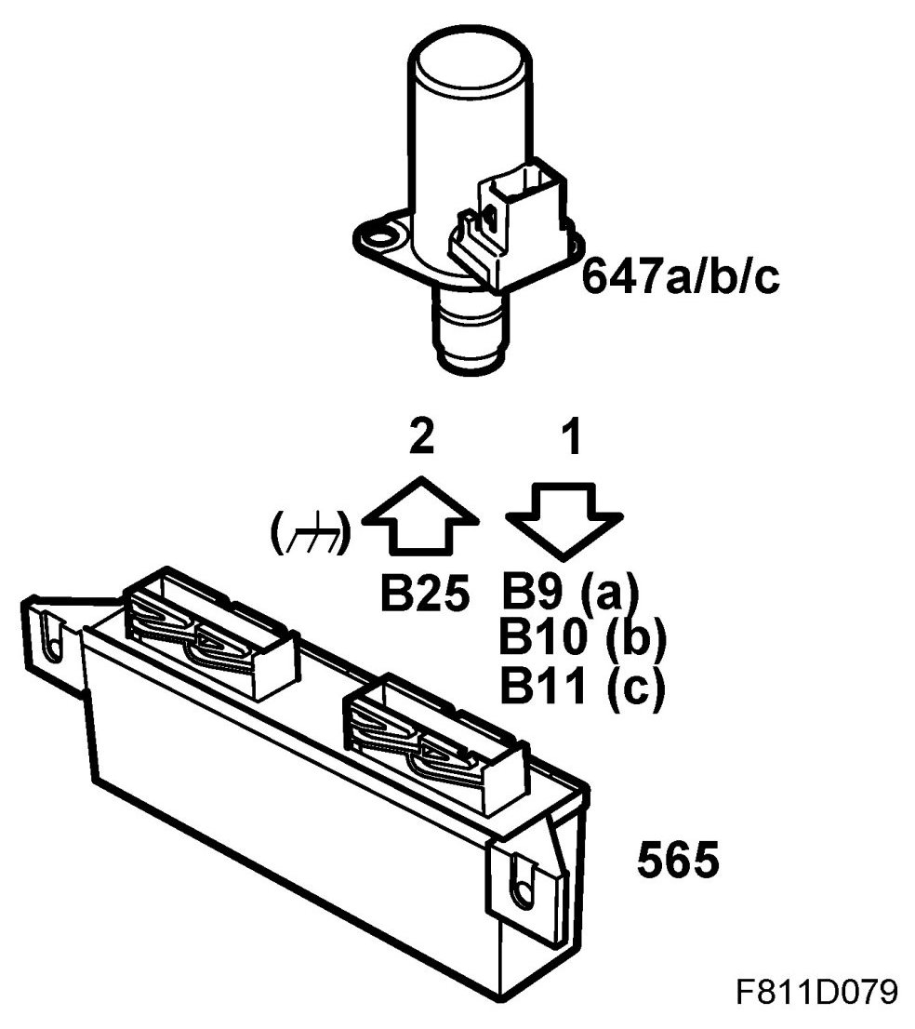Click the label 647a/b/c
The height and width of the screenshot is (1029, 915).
click(x=681, y=276)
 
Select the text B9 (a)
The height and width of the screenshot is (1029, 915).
click(x=568, y=592)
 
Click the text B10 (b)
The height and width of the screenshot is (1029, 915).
click(x=583, y=639)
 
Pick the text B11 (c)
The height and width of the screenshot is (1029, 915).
click(x=581, y=688)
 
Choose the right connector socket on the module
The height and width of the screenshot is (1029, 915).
click(x=429, y=735)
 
